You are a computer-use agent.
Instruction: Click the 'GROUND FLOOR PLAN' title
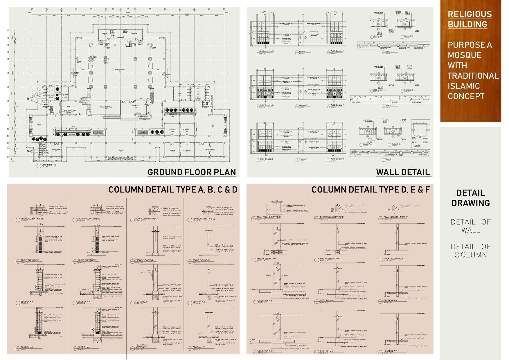[192, 172]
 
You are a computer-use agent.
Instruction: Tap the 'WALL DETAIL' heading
[403, 172]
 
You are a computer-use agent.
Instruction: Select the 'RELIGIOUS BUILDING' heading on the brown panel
[470, 19]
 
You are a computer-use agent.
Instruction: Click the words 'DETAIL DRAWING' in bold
[470, 198]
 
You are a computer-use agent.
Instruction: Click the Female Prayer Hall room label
[106, 107]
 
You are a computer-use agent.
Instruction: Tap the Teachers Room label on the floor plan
[210, 150]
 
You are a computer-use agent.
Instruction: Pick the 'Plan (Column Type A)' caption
[32, 219]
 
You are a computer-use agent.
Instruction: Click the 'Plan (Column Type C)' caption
[146, 219]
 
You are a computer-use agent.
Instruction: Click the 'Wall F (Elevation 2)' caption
[337, 159]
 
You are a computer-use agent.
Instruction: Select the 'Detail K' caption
[417, 146]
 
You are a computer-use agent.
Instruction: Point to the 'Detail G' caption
[388, 52]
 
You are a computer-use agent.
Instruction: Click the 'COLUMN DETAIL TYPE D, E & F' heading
[370, 190]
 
